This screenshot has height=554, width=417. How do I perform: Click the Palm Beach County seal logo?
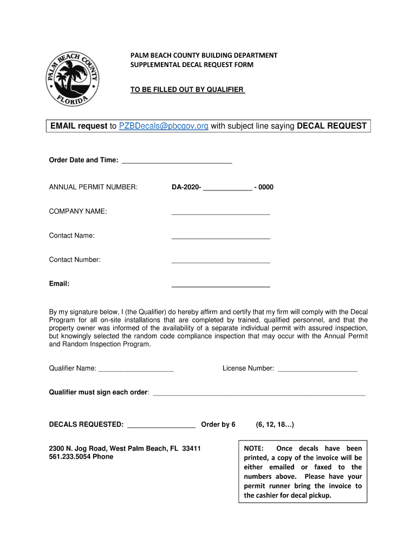pos(71,81)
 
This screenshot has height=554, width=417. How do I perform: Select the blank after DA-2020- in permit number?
pos(227,188)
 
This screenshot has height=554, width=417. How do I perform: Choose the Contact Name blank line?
pos(220,236)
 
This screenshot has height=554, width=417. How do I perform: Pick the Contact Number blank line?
pos(220,261)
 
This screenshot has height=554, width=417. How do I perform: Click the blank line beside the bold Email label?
pos(220,285)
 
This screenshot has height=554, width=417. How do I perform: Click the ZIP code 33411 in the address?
pos(191,449)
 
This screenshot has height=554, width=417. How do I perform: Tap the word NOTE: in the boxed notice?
pos(254,449)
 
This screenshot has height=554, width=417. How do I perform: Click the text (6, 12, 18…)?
pos(275,425)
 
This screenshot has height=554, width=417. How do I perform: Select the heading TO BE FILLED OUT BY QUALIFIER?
pos(187,89)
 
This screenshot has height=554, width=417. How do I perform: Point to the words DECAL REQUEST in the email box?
pos(332,126)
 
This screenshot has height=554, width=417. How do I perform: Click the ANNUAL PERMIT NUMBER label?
pos(93,187)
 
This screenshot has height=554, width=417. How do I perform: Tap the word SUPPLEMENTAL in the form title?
pos(155,65)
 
